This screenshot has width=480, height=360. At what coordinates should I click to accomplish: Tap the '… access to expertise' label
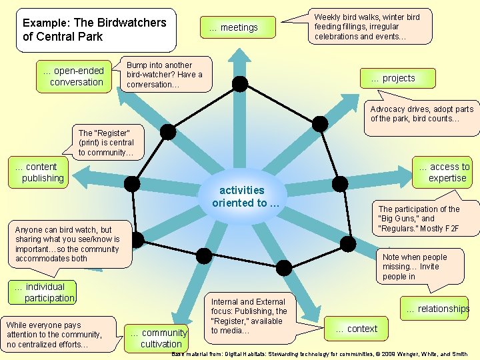(x=444, y=172)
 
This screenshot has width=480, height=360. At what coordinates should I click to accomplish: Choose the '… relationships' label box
(x=437, y=309)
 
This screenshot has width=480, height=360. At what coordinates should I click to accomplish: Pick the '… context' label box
(x=357, y=329)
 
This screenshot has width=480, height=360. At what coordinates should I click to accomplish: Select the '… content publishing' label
(x=40, y=172)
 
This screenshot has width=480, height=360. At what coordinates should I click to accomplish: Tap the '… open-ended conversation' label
(x=74, y=77)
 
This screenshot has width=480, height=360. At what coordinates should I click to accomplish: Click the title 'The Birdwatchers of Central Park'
(x=95, y=29)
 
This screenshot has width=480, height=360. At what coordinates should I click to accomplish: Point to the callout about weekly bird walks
(x=367, y=27)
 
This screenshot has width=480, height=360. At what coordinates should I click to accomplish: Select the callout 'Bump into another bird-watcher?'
(x=164, y=75)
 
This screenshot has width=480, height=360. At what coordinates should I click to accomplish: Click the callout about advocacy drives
(x=422, y=114)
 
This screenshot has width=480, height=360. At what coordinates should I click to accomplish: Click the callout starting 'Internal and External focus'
(x=249, y=316)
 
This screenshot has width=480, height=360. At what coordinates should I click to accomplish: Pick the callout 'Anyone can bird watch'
(x=67, y=244)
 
